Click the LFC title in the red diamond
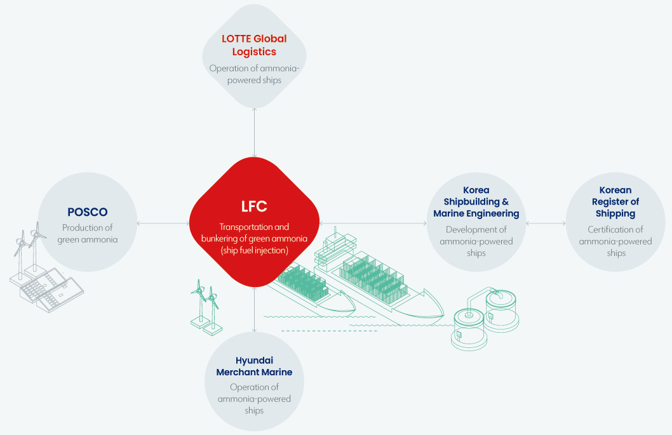point(254,206)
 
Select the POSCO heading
point(88,212)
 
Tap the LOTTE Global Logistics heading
point(254,45)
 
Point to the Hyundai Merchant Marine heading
point(254,366)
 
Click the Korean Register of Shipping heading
point(615,201)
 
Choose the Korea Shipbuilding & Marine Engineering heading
point(476,201)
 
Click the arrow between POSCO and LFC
point(163,224)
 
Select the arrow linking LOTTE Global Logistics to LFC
point(255,133)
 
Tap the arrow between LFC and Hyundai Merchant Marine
point(255,309)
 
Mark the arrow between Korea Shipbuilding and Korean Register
point(546,224)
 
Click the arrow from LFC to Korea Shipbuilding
point(373,224)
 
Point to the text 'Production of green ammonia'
point(88,234)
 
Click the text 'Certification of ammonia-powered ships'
point(615,241)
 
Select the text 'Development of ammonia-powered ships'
point(476,241)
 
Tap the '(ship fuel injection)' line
point(254,250)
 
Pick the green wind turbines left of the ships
point(206,308)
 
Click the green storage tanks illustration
point(485,318)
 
